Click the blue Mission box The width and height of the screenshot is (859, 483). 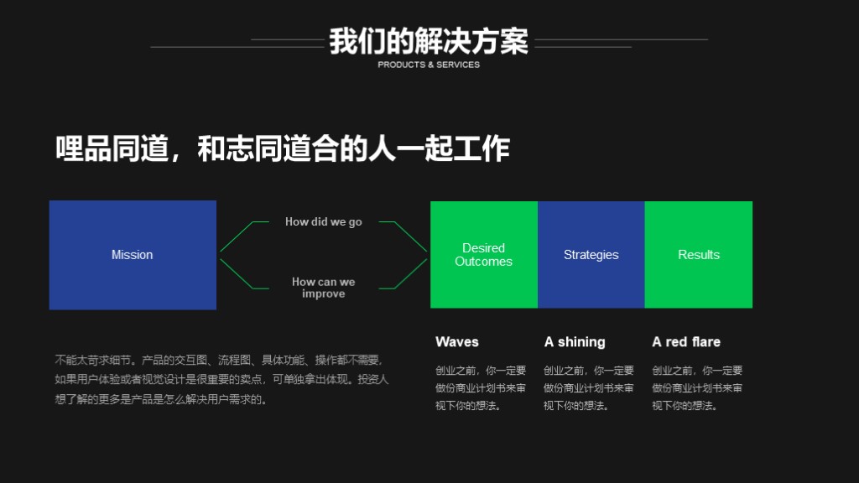pyautogui.click(x=133, y=255)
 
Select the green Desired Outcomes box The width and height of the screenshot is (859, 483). pyautogui.click(x=484, y=255)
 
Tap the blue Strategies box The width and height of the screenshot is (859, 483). pyautogui.click(x=591, y=255)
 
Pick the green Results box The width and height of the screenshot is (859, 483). pyautogui.click(x=699, y=255)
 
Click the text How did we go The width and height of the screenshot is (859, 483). pyautogui.click(x=323, y=221)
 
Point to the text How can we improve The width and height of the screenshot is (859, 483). pyautogui.click(x=323, y=288)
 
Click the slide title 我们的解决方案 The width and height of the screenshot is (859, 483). pyautogui.click(x=429, y=41)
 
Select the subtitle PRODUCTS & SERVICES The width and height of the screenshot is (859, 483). pyautogui.click(x=429, y=65)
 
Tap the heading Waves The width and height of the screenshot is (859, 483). pyautogui.click(x=457, y=342)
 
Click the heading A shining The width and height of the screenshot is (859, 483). pyautogui.click(x=575, y=342)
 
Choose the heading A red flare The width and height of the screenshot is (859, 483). pyautogui.click(x=686, y=342)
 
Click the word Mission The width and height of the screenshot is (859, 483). pyautogui.click(x=132, y=255)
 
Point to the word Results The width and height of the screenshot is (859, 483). pyautogui.click(x=699, y=255)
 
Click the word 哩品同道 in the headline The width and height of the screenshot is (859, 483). pyautogui.click(x=112, y=148)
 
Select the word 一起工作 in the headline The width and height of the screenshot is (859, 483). pyautogui.click(x=453, y=148)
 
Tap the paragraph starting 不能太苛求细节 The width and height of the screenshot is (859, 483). pyautogui.click(x=221, y=380)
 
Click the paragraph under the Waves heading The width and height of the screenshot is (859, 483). pyautogui.click(x=481, y=387)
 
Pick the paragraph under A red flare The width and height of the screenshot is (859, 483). pyautogui.click(x=697, y=387)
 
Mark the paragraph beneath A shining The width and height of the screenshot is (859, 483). pyautogui.click(x=588, y=387)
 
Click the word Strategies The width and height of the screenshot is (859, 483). pyautogui.click(x=591, y=255)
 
